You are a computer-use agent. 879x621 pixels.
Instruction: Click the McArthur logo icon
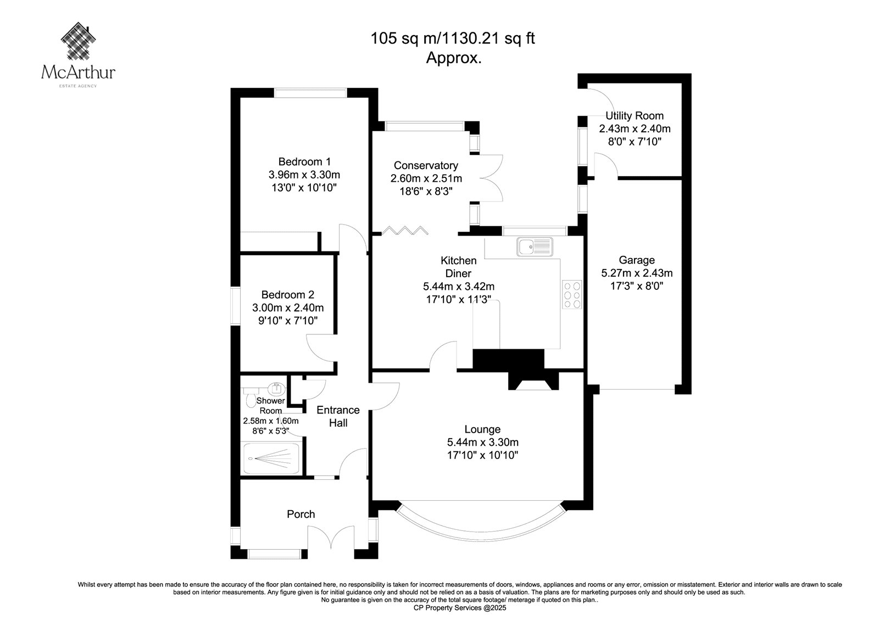(79, 41)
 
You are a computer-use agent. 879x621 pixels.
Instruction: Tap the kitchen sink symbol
(535, 247)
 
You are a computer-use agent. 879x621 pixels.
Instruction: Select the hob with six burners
(572, 295)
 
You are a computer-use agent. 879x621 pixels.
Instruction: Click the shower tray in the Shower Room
(271, 458)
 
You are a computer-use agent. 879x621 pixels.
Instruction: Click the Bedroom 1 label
(304, 161)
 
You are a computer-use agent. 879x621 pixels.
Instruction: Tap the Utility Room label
(635, 116)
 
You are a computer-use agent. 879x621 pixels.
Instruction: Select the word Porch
(301, 514)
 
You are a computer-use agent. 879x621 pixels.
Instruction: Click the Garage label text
(637, 260)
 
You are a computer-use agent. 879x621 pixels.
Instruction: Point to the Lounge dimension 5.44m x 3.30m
(483, 443)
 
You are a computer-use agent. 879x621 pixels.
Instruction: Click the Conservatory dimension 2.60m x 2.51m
(426, 178)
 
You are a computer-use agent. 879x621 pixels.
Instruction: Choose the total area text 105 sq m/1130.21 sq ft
(453, 38)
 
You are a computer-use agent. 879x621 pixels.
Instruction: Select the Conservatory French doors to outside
(491, 178)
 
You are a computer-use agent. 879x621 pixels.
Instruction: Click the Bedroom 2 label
(288, 295)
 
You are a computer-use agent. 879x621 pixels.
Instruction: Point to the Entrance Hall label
(338, 416)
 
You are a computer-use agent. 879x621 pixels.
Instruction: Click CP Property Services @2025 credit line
(460, 608)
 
